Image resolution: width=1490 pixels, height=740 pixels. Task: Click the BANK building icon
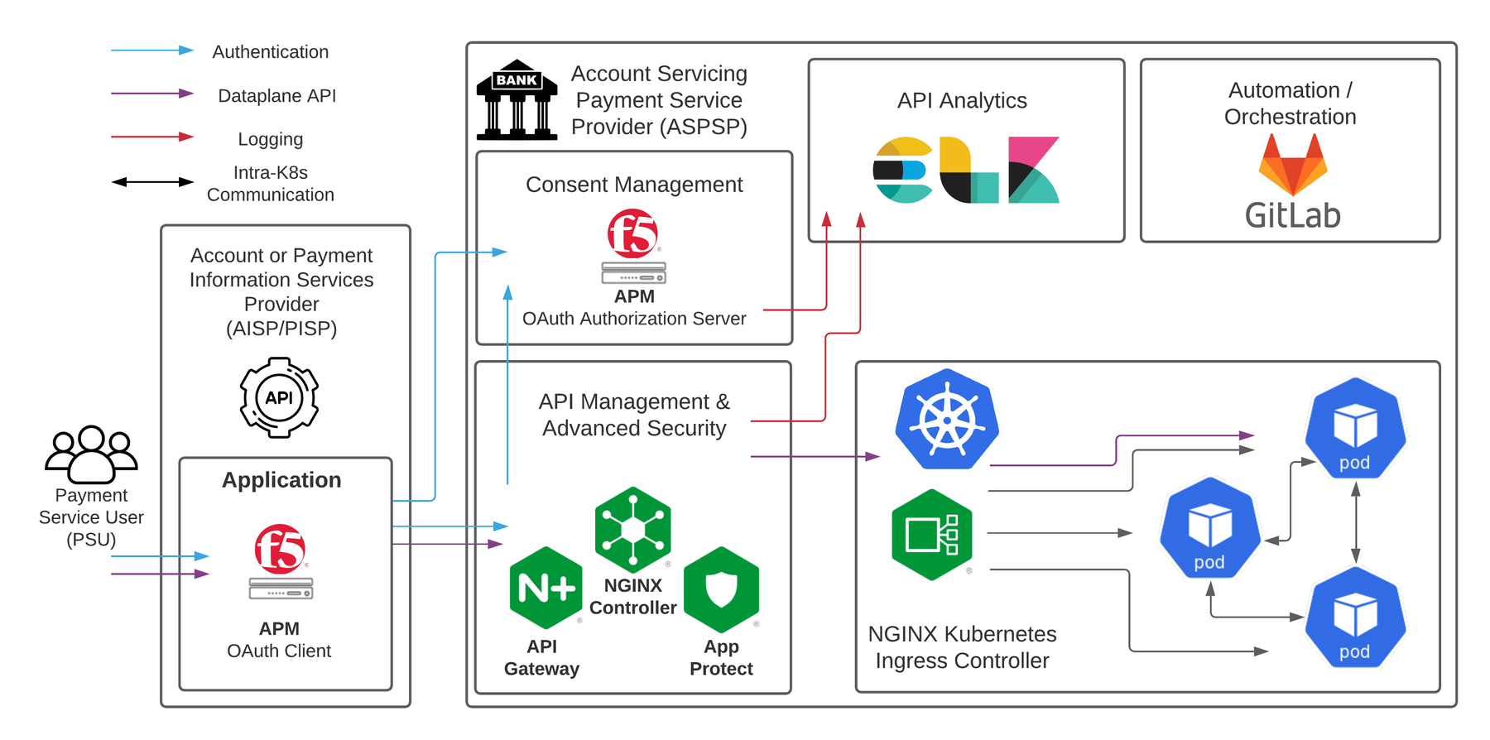tap(517, 99)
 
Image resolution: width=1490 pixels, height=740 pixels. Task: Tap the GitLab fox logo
tap(1292, 165)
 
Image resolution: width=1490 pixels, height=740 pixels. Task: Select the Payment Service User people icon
tap(91, 454)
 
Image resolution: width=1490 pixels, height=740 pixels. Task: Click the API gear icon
tap(279, 397)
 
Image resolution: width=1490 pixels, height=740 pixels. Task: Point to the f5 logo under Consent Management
tap(633, 233)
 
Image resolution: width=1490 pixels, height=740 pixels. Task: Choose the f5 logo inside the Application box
tap(281, 549)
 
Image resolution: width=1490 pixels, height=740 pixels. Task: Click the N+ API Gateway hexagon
tap(546, 588)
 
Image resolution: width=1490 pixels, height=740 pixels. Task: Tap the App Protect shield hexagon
tap(721, 589)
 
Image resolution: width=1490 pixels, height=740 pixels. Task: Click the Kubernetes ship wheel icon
tap(947, 419)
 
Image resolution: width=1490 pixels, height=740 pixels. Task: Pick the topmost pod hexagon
tap(1355, 428)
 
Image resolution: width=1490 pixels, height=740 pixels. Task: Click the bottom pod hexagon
tap(1355, 617)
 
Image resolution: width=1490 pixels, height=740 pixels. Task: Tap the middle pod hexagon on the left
tap(1209, 527)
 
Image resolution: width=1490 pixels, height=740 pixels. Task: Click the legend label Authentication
tap(271, 52)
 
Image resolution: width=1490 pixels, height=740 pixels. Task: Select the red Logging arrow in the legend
tap(152, 137)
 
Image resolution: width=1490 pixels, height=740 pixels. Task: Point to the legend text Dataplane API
tap(276, 96)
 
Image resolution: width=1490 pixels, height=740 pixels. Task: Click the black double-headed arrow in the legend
tap(152, 182)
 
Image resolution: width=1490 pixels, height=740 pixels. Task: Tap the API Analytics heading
tap(962, 101)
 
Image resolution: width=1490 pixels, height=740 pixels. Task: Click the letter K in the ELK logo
tap(1033, 170)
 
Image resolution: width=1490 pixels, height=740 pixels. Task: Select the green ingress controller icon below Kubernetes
tap(931, 535)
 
